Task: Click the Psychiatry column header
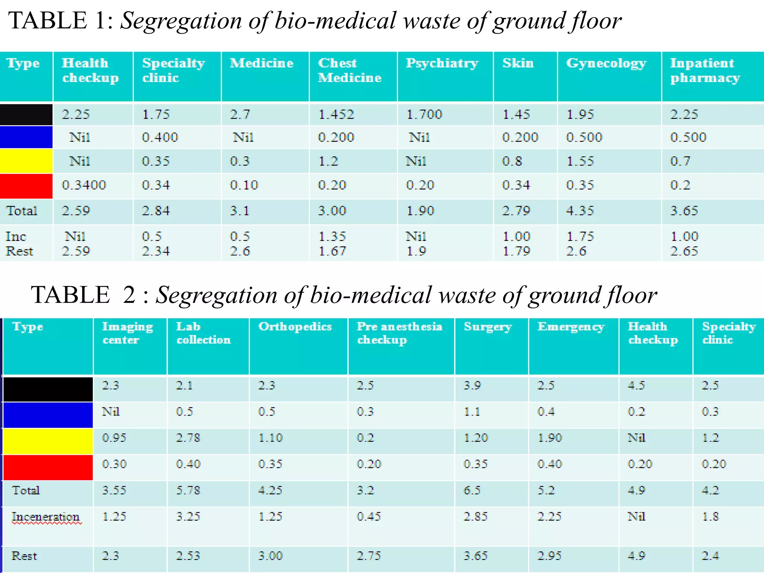click(442, 63)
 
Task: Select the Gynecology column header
click(606, 63)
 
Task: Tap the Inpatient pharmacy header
click(705, 70)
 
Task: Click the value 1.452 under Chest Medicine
click(336, 114)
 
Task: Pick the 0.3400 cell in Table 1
click(84, 185)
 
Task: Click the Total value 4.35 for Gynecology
click(580, 211)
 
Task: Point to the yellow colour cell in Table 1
click(26, 161)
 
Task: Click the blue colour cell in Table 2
click(48, 414)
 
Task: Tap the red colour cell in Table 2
click(48, 467)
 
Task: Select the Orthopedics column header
click(295, 326)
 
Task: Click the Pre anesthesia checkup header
click(399, 333)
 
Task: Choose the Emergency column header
click(571, 326)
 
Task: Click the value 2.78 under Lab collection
click(188, 438)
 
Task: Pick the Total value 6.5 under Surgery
click(472, 490)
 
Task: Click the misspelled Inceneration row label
click(46, 517)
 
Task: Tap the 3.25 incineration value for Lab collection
click(188, 517)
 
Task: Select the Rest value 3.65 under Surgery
click(475, 556)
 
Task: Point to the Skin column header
click(518, 63)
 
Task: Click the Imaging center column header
click(127, 333)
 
